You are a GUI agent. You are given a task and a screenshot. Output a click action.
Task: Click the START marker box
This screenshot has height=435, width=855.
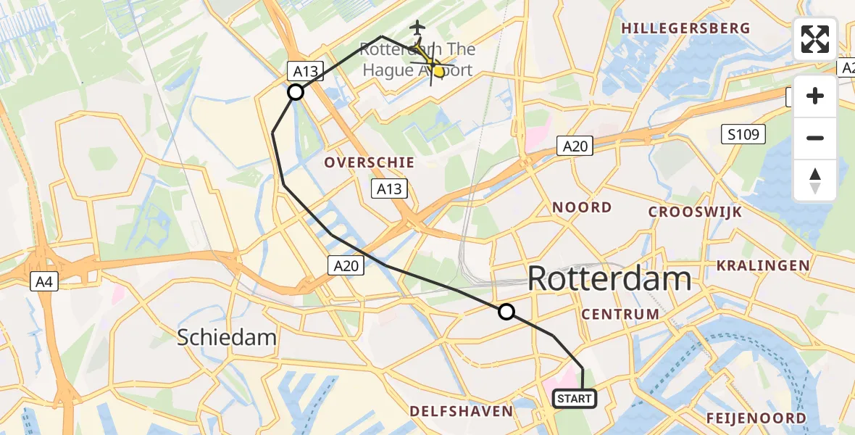(x=575, y=398)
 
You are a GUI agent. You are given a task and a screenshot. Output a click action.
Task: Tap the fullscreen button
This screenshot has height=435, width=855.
(x=815, y=39)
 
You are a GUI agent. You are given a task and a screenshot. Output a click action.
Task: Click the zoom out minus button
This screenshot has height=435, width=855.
(x=815, y=138)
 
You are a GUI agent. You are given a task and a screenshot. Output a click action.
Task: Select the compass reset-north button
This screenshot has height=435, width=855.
(x=815, y=180)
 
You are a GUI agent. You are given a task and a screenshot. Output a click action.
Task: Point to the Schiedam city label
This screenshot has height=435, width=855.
(x=228, y=337)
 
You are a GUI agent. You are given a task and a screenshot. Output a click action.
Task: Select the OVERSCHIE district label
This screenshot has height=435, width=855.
(x=370, y=162)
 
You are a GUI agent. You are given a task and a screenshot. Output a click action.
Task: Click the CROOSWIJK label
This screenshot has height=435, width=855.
(x=695, y=212)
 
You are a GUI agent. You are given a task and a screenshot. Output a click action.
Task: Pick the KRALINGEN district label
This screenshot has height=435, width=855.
(x=763, y=265)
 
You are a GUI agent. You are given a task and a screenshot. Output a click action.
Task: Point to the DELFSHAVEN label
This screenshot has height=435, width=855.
(x=462, y=411)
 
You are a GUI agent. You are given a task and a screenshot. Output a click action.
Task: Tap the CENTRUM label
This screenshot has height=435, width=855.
(x=620, y=314)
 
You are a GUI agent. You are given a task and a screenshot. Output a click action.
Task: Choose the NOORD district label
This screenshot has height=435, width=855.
(x=582, y=207)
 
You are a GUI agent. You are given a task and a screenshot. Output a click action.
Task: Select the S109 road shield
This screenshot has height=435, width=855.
(x=743, y=133)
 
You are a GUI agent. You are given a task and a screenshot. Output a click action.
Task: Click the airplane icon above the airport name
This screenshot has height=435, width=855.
(x=417, y=28)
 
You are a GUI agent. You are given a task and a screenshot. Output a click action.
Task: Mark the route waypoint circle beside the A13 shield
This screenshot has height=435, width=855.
(x=296, y=92)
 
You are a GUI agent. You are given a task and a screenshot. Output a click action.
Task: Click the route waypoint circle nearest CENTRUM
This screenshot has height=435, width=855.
(x=506, y=312)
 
